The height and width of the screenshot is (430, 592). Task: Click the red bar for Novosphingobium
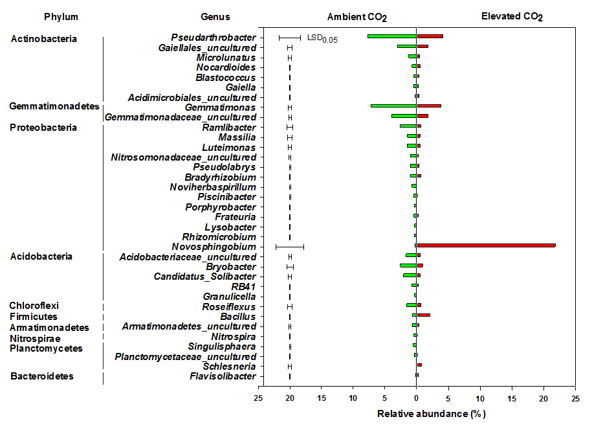(x=486, y=245)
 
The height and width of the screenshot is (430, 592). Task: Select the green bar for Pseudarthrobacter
(x=391, y=36)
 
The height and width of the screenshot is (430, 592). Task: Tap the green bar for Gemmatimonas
(x=393, y=106)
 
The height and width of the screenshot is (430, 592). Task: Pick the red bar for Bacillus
(x=424, y=315)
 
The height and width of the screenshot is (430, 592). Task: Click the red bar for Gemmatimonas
(x=429, y=106)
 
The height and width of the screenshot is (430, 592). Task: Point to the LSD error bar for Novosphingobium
(x=290, y=247)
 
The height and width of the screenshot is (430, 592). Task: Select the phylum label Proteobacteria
(x=43, y=128)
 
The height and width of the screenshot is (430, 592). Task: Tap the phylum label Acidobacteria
(x=41, y=256)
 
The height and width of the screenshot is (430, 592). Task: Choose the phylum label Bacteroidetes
(x=41, y=376)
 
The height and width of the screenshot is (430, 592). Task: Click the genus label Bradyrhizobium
(x=220, y=177)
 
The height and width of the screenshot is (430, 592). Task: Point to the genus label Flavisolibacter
(x=223, y=376)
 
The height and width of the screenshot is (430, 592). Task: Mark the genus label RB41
(x=243, y=286)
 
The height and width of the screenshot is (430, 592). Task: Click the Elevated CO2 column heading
(x=512, y=16)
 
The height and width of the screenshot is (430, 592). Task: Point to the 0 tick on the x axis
(x=417, y=398)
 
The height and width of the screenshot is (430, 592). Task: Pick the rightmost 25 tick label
(x=575, y=398)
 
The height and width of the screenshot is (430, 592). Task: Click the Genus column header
(x=215, y=16)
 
